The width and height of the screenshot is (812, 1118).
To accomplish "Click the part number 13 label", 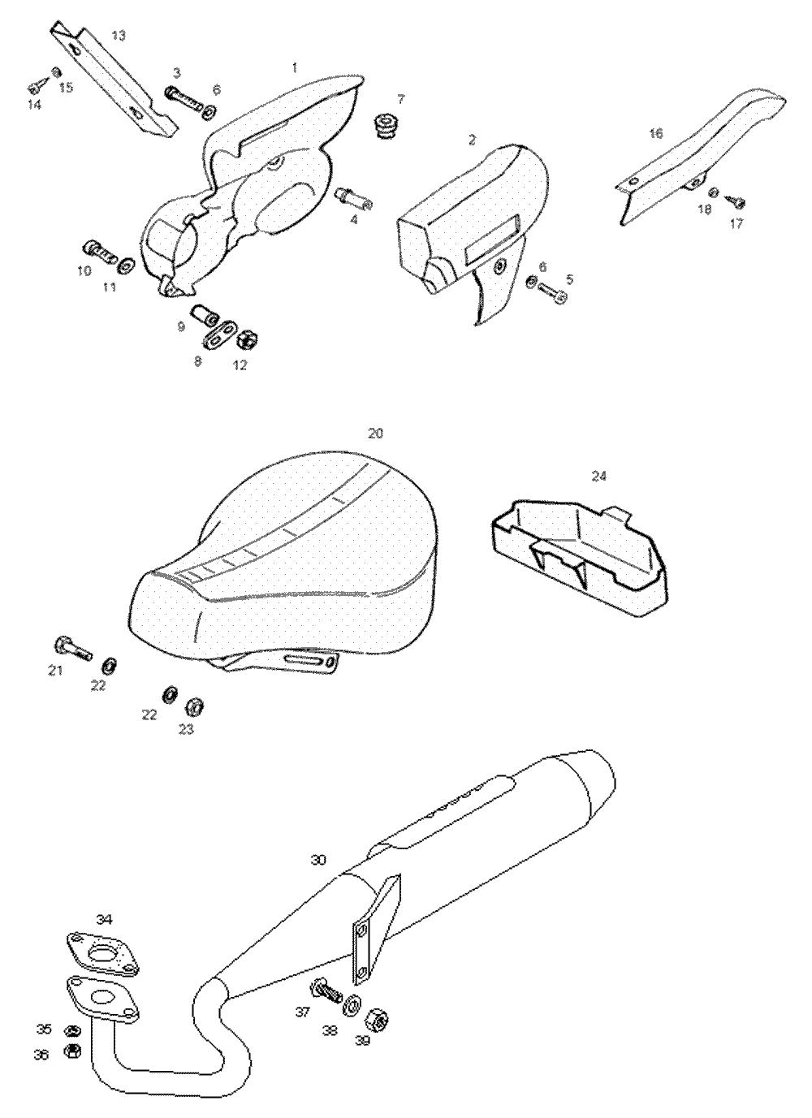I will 119,35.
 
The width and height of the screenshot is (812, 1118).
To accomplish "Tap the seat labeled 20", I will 309,560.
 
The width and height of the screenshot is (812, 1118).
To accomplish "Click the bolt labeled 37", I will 325,991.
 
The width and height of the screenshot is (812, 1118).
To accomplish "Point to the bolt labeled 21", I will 72,648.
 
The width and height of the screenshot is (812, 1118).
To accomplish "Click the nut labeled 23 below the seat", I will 195,704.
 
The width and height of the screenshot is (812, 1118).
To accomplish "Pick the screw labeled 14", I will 36,87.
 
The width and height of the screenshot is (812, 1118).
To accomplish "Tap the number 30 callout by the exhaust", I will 318,859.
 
